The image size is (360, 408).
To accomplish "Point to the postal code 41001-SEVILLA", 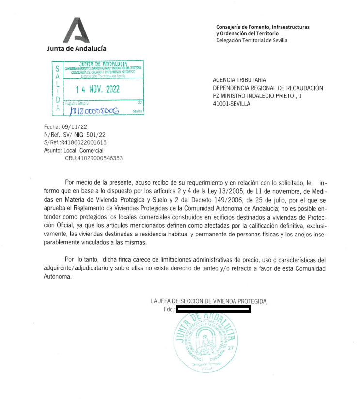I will (x=232, y=104).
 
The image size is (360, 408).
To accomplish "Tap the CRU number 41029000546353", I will (x=94, y=158).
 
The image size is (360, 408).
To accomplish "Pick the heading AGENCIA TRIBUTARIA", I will (x=239, y=80).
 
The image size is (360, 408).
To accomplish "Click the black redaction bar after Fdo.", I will (x=213, y=309).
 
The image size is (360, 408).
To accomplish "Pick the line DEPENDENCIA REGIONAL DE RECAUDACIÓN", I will (x=268, y=88).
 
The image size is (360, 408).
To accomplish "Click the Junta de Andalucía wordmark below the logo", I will (x=76, y=48).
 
